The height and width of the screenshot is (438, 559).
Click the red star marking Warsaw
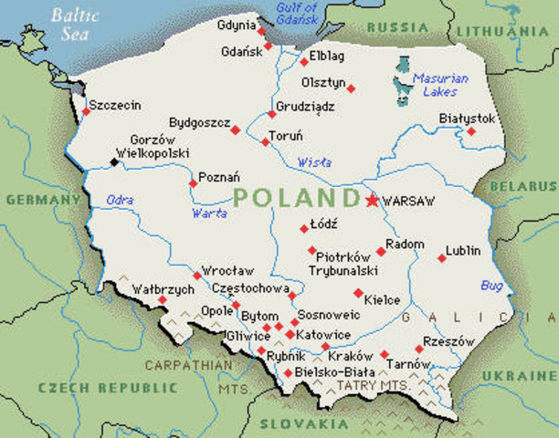pyautogui.click(x=372, y=200)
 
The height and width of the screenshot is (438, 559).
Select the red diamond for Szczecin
pyautogui.click(x=86, y=111)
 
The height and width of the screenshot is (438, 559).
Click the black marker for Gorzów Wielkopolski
pyautogui.click(x=114, y=162)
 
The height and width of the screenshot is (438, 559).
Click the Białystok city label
pyautogui.click(x=467, y=119)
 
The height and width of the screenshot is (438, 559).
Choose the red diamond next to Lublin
pyautogui.click(x=442, y=258)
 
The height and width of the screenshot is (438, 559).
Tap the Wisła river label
pyautogui.click(x=315, y=163)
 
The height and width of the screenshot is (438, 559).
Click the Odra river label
pyautogui.click(x=120, y=200)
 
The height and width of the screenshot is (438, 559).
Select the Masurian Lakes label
pyautogui.click(x=439, y=85)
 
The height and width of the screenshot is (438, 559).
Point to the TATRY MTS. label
pyautogui.click(x=372, y=386)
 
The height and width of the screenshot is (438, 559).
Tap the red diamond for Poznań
pyautogui.click(x=193, y=183)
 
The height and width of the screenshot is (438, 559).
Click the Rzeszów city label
pyautogui.click(x=450, y=341)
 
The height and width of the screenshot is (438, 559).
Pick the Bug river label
pyautogui.click(x=491, y=286)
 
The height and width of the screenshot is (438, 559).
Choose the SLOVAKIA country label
pyautogui.click(x=298, y=423)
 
